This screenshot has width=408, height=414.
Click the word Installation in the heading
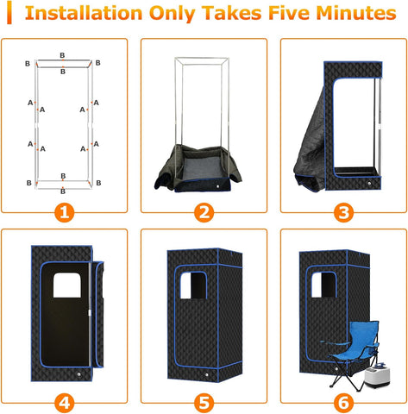click(x=84, y=13)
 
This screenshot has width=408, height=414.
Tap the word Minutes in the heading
click(x=356, y=13)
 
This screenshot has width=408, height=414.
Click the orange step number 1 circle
click(x=64, y=213)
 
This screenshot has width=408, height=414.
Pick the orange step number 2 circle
click(x=204, y=213)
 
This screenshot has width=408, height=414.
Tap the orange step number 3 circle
click(x=343, y=213)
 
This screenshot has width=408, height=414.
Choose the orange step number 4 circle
click(x=64, y=403)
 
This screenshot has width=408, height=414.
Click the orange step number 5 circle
click(x=204, y=403)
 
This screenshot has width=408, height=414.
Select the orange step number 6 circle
click(x=343, y=403)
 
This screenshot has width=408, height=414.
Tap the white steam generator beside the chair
click(x=377, y=375)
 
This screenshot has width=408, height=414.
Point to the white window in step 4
click(x=67, y=285)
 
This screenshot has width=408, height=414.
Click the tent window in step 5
click(x=193, y=285)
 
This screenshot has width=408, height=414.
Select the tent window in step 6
click(x=324, y=285)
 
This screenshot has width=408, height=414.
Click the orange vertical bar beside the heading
click(x=9, y=12)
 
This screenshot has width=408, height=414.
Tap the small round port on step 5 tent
click(x=206, y=375)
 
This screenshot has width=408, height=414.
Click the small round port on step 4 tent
click(x=78, y=374)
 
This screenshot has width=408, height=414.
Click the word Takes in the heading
click(x=231, y=13)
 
